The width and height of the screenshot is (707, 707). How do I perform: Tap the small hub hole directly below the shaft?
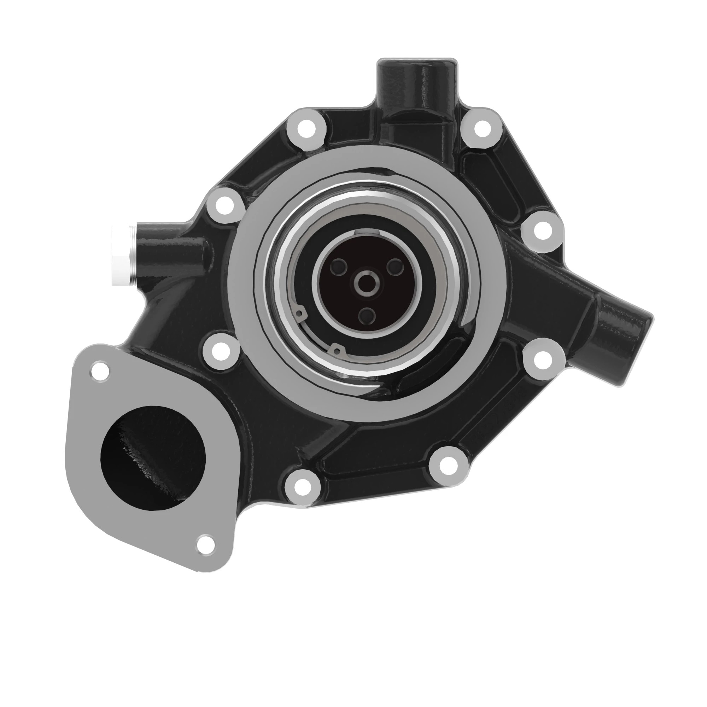coord(366,316)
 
